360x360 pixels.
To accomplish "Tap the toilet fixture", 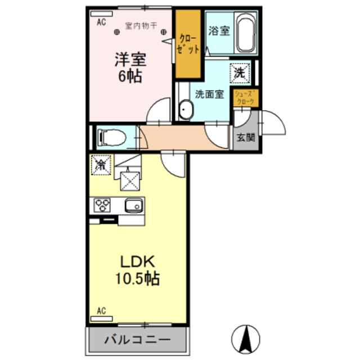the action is tap(112, 138).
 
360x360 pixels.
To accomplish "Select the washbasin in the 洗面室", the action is tap(186, 110).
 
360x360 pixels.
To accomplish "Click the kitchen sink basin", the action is tap(134, 205).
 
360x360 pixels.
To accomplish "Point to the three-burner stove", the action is tap(102, 205).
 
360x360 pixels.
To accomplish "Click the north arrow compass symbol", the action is tap(245, 339).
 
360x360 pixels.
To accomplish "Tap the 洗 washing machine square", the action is tap(240, 73).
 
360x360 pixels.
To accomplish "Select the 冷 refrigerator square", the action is tap(101, 165).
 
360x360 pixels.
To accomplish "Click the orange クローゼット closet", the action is tap(188, 44).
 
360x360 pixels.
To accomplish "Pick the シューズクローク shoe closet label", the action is tap(246, 98).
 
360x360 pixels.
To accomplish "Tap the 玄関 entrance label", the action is tap(246, 137).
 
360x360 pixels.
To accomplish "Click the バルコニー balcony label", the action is tap(137, 340).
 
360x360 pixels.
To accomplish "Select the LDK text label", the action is tap(138, 262).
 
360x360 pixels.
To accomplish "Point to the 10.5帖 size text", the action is tap(137, 278).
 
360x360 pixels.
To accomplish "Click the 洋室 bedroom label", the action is tap(130, 59).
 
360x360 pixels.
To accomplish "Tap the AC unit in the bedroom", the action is tap(101, 13).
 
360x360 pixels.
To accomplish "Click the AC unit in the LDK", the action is tap(101, 319).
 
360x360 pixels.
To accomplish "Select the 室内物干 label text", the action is tap(141, 25).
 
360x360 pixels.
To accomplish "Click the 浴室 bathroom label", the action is tap(219, 31).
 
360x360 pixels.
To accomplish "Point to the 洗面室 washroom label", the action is tap(209, 94).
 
